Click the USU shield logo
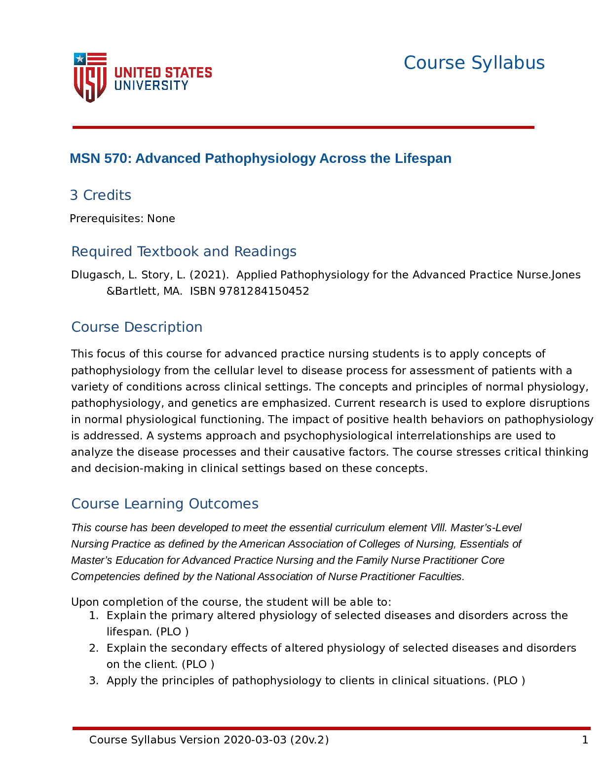(90, 78)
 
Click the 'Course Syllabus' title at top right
(474, 63)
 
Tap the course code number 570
(115, 158)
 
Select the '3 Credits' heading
(101, 195)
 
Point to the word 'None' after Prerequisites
(161, 219)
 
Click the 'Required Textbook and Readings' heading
(184, 252)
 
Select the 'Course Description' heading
(137, 327)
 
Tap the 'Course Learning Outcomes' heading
(165, 504)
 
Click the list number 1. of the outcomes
(94, 616)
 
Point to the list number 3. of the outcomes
(94, 681)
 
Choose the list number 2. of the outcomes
(94, 648)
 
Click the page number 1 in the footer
(585, 740)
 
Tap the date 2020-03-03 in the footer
(255, 740)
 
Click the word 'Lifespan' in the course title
(423, 158)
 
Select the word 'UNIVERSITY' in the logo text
(151, 86)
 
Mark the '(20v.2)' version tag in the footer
(309, 740)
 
